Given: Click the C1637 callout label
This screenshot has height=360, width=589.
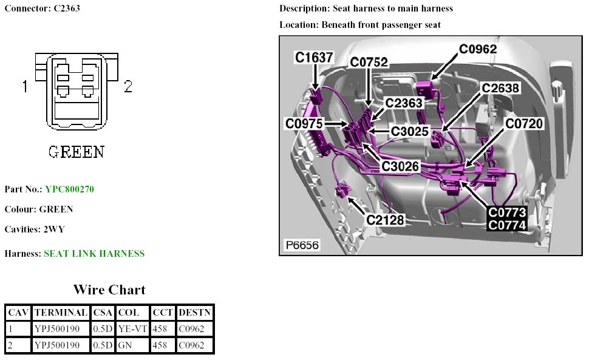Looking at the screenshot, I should coord(314,58).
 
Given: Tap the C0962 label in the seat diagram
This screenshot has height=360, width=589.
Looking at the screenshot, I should coord(478,49).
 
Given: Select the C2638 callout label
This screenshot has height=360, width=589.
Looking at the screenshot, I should coord(500,88).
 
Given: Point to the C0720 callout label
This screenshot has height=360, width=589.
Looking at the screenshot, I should coord(524,124).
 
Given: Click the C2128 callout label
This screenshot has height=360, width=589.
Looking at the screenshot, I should coord(385,220).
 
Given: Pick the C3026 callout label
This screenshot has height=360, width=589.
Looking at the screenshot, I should coord(400,165).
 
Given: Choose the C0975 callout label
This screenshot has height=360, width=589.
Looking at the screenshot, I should coord(304,123).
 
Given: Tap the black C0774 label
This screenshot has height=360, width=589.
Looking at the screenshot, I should coord(507,225).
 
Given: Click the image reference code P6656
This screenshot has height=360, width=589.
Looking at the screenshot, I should coord(302,245).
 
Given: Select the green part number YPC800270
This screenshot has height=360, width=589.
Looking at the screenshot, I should coord(69,189).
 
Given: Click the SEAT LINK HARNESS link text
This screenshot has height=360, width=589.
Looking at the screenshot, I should coord(94,254).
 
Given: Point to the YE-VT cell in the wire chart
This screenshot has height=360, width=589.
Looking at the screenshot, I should coord(132,329).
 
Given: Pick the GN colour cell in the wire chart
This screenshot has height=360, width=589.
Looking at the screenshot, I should coord(124,345).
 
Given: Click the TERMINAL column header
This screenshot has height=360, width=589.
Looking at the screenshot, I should coord(61,313).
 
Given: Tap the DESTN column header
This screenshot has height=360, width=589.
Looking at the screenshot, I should coord(194,313).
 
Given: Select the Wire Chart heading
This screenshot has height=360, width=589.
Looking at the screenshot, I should coord(109,290).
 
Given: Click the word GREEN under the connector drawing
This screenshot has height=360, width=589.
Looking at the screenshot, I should coord(76,151).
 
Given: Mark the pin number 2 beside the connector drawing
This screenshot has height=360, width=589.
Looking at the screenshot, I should coord(128,87).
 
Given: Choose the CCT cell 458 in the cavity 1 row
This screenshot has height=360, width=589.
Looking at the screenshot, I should coord(162,329).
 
